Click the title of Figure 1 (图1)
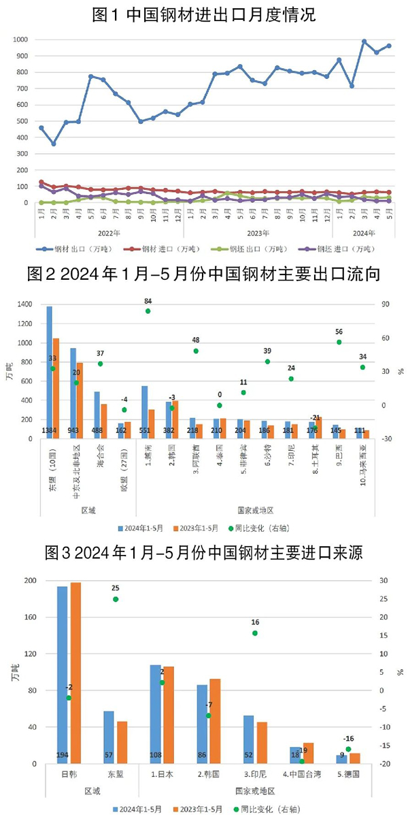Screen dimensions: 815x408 pos(204,15)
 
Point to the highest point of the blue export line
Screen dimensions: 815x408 pos(364,42)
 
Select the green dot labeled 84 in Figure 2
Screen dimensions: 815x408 pos(148,311)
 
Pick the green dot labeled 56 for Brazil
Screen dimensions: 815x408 pos(339,342)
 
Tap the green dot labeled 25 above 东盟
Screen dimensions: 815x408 pos(116,599)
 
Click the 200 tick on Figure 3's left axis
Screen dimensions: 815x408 pos(29,581)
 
